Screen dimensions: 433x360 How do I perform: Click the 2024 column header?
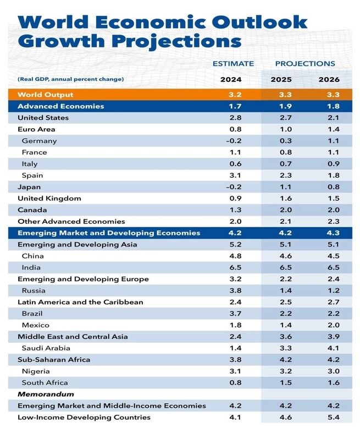[x=231, y=79]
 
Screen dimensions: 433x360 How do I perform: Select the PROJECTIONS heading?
[x=305, y=64]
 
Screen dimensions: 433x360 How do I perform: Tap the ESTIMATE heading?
[x=233, y=64]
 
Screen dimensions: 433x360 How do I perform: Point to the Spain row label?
[x=32, y=176]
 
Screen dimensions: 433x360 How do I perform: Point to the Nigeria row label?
[x=35, y=371]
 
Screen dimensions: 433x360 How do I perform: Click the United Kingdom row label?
[x=49, y=199]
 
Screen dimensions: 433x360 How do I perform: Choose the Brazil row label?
[x=32, y=314]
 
